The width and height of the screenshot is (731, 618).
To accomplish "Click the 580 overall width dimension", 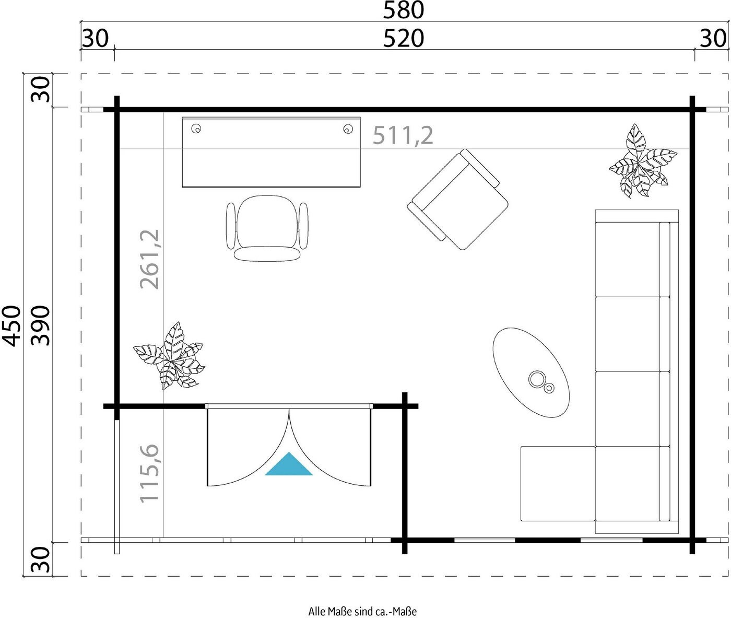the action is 403,10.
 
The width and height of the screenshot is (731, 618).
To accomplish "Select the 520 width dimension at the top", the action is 403,38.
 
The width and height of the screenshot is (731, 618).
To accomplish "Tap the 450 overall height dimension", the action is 11,326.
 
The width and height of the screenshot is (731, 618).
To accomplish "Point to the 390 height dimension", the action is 40,326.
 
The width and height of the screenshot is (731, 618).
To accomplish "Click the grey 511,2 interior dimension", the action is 403,135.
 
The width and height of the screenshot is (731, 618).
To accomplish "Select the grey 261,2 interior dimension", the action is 149,259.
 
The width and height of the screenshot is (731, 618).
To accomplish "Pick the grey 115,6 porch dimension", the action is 149,473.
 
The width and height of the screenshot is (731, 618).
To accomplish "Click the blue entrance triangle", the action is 289,467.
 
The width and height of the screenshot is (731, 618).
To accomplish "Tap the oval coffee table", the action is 531,372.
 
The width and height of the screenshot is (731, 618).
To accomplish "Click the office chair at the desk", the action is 267,228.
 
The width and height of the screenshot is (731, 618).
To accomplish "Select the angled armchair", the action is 457,199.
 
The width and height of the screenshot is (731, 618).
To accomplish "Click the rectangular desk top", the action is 271,152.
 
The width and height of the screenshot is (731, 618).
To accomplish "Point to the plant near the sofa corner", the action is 642,161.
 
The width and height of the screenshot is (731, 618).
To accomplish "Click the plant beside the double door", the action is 169,356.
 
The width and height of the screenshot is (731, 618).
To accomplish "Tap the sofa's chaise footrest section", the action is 558,483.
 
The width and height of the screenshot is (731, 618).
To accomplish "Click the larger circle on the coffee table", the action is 536,379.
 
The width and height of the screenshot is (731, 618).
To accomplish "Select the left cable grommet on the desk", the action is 196,129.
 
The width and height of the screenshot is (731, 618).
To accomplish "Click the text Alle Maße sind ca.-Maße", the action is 362,611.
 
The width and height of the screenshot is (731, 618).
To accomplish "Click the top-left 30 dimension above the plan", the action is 95,38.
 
